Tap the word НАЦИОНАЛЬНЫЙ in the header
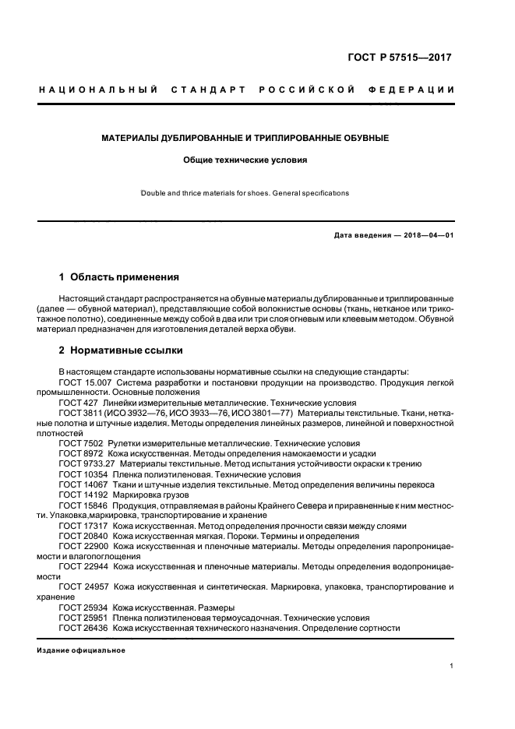tap(98, 90)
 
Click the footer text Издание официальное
tap(81, 650)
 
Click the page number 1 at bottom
tap(452, 666)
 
